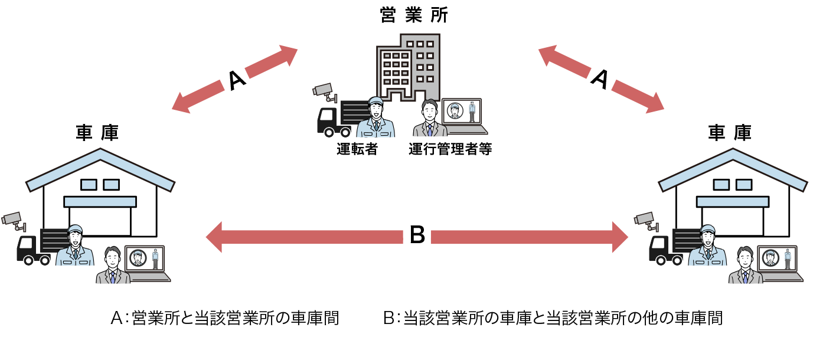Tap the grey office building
(x=408, y=65)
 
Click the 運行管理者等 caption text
(x=450, y=149)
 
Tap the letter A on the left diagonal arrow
(x=236, y=81)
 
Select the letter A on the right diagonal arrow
(x=600, y=80)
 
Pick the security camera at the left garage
(x=13, y=220)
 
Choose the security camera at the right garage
(x=645, y=219)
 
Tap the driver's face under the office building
(x=375, y=110)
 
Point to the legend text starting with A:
(x=225, y=318)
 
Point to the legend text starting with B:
(x=553, y=318)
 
